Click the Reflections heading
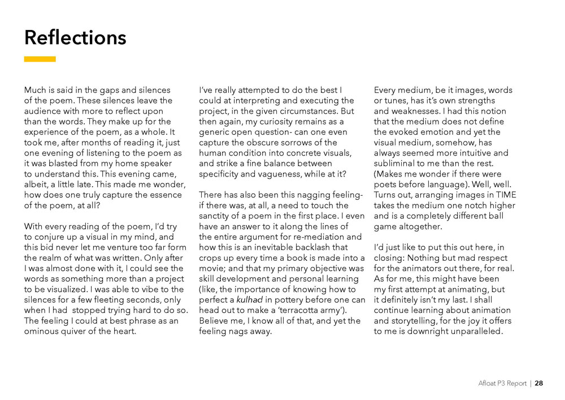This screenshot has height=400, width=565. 75,38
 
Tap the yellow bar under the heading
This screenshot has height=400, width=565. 40,59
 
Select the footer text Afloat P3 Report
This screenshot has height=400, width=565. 501,383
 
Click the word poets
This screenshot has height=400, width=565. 386,184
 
